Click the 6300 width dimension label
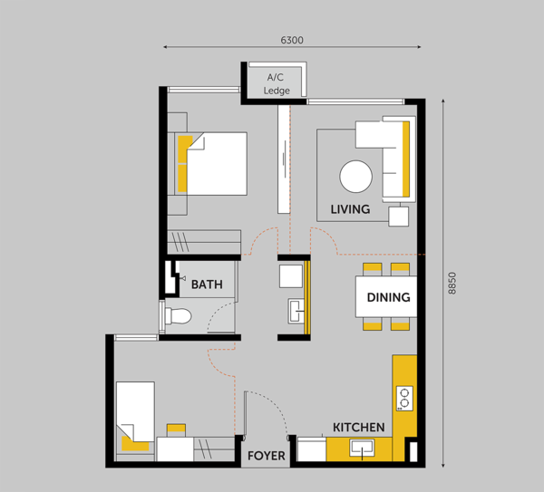[x=292, y=40]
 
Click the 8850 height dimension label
[x=452, y=284]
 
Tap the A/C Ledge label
[x=277, y=84]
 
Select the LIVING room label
[x=350, y=209]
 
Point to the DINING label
[x=388, y=297]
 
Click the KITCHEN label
[x=359, y=427]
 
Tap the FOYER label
[x=266, y=456]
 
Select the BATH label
[x=207, y=285]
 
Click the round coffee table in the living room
[x=356, y=177]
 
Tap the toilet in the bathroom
[x=178, y=316]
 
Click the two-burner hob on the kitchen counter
[x=404, y=399]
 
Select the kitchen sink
[x=362, y=449]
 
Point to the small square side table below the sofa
[x=398, y=217]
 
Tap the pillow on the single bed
[x=134, y=444]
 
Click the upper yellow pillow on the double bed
[x=184, y=149]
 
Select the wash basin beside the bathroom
[x=296, y=312]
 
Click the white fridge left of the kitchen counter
[x=312, y=449]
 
